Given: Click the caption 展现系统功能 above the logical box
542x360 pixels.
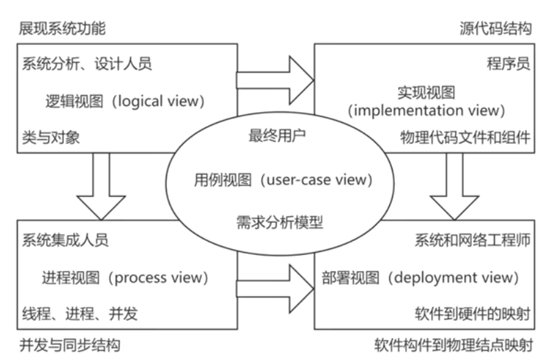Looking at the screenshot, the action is tap(62, 28).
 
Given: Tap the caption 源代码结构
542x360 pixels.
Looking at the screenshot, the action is tap(496, 28).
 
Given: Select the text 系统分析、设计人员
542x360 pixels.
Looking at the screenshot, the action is tap(87, 64).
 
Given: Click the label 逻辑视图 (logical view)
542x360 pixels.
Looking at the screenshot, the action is tap(125, 101).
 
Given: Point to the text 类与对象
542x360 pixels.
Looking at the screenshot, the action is tap(51, 138).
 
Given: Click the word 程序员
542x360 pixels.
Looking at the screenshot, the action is tap(508, 64).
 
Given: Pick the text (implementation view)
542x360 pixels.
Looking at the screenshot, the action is tap(426, 111).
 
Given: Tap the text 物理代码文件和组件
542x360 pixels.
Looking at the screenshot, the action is tap(466, 138).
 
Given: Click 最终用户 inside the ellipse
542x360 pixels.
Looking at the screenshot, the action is tap(278, 136).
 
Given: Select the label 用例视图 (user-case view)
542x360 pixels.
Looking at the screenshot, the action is tap(283, 180).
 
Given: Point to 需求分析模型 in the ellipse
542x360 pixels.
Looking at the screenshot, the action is tap(280, 222).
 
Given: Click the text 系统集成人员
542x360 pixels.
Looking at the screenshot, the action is tap(65, 240).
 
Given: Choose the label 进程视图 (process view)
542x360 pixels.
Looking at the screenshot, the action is tap(125, 278).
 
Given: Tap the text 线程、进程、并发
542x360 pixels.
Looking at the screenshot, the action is tap(80, 314).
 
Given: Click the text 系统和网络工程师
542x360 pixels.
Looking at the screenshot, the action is tap(472, 240).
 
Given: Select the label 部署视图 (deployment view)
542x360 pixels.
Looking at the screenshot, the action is tap(420, 278).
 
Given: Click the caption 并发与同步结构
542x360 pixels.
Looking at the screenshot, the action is tap(70, 345).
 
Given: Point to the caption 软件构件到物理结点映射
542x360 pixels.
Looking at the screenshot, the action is tap(454, 345).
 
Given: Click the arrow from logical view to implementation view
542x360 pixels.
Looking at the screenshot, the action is tap(275, 81).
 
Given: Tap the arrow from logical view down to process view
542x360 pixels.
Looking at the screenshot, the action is tap(101, 187).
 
